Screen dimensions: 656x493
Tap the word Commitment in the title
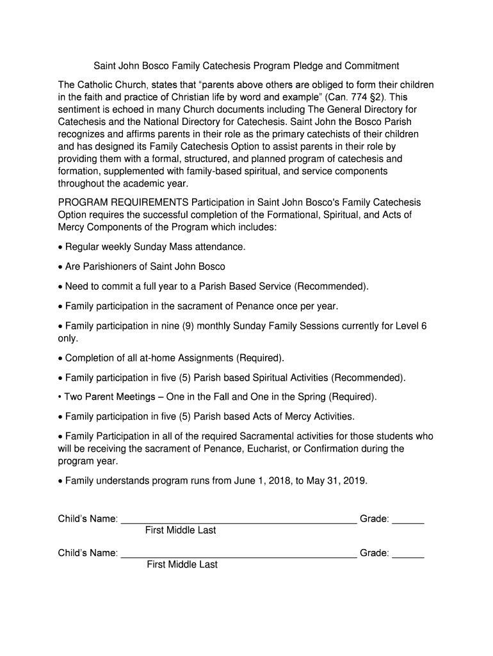click(x=371, y=66)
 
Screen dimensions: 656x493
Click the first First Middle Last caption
click(x=181, y=530)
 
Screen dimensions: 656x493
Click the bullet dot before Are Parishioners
click(x=60, y=267)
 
